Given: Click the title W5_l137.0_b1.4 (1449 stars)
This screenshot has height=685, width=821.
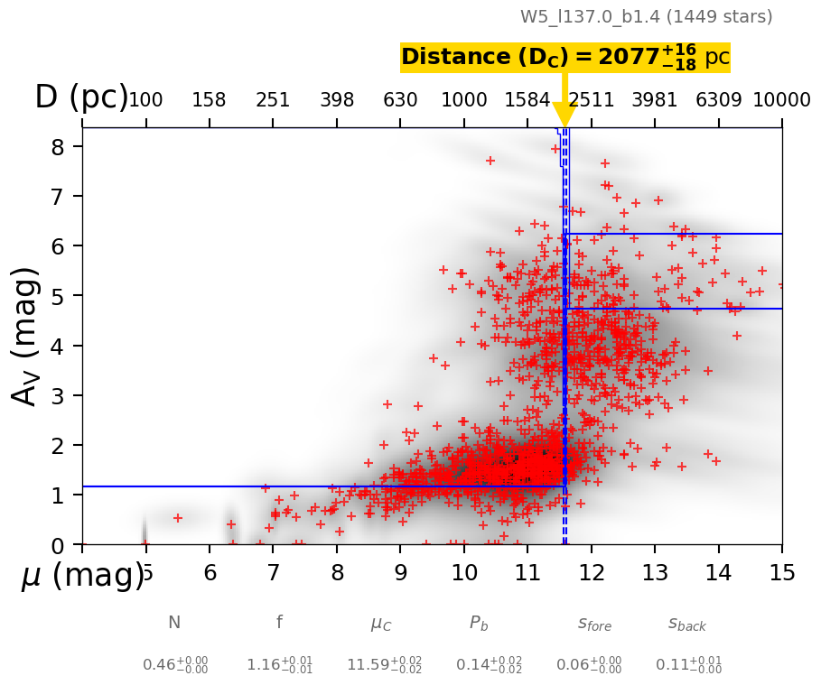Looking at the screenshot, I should (x=646, y=17).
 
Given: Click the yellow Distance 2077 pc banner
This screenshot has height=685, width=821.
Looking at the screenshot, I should (x=564, y=58).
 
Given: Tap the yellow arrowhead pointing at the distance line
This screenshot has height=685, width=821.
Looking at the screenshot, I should (x=564, y=115).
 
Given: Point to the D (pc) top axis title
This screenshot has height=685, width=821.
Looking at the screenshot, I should (x=80, y=97).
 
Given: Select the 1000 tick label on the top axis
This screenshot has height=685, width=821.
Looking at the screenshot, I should (x=464, y=100).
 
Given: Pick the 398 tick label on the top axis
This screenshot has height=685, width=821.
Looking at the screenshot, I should (x=337, y=100).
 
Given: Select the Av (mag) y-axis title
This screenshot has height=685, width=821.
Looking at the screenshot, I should (x=27, y=336).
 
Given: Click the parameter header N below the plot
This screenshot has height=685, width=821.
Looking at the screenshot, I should (x=174, y=623).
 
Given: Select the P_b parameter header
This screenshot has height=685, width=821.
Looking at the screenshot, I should (x=479, y=623).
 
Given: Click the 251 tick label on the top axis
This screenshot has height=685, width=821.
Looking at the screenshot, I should (x=273, y=100).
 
